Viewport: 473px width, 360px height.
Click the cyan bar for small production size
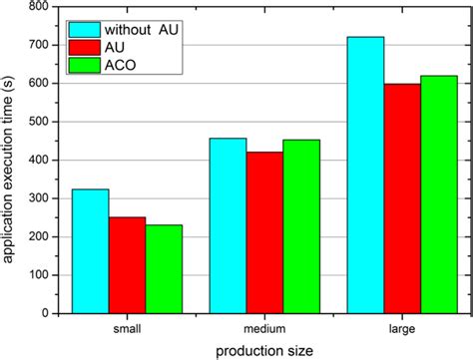point(91,250)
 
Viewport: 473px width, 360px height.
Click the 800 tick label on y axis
point(40,7)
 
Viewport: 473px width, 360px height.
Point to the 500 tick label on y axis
point(40,122)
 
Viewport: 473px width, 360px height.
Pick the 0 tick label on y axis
point(47,312)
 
